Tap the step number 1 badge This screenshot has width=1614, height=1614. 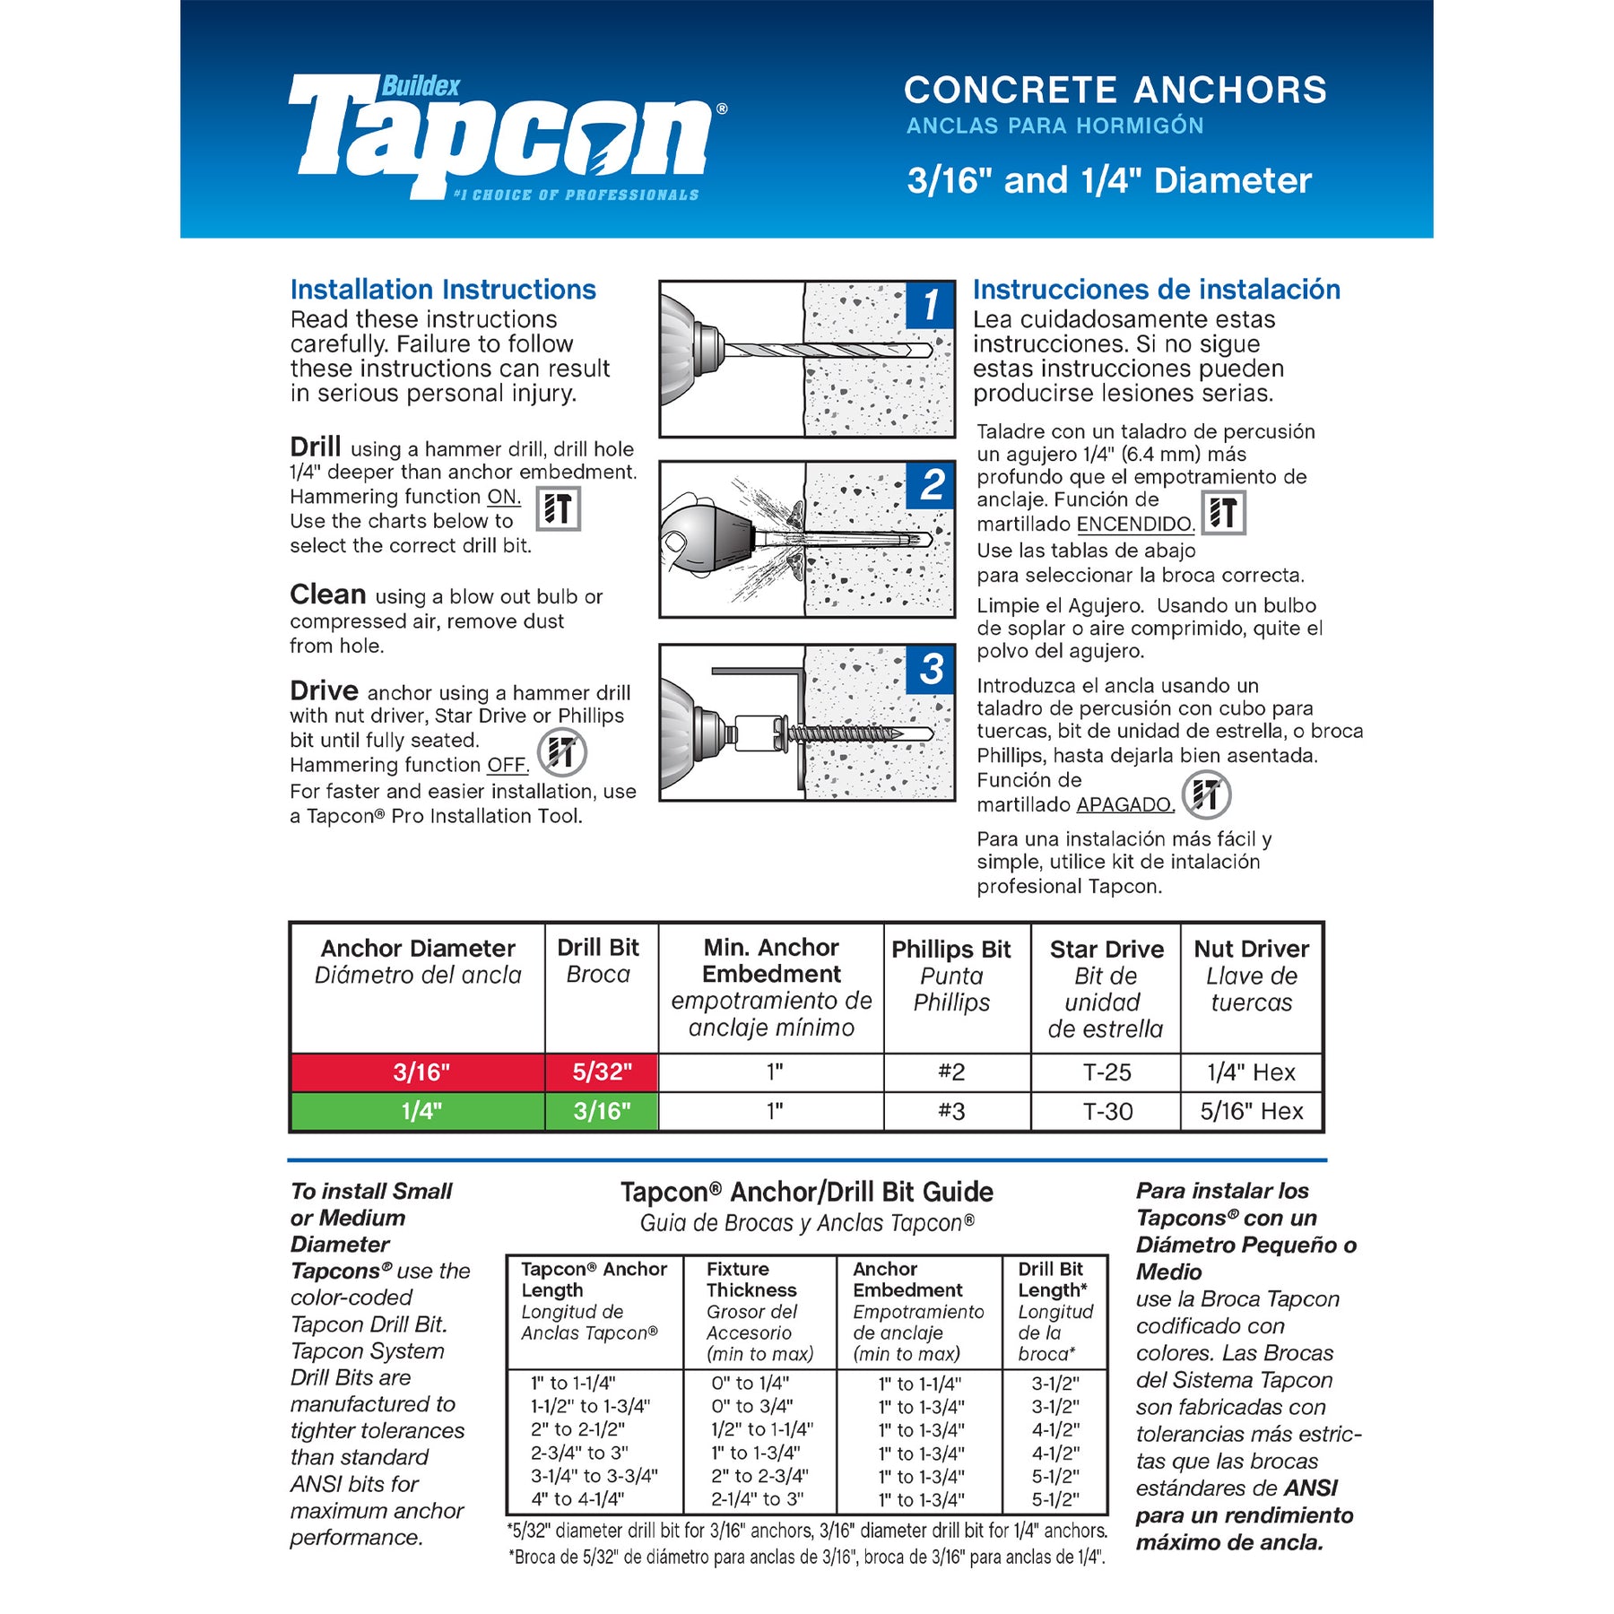930,305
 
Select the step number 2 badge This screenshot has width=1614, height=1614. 932,485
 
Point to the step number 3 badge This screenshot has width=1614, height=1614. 932,669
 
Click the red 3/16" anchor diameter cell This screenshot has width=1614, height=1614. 420,1072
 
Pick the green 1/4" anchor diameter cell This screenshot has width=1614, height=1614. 420,1112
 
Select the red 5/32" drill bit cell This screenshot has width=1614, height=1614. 602,1072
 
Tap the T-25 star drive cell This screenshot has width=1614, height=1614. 1106,1072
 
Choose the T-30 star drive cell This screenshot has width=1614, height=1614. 1106,1112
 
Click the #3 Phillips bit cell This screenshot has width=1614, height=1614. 951,1112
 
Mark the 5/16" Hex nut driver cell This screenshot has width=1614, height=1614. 1252,1112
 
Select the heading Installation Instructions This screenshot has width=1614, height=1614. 443,290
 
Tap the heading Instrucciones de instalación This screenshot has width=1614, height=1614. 1157,290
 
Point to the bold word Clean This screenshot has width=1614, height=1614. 327,594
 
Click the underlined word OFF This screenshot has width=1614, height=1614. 508,765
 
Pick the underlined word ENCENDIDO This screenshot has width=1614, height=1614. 1135,525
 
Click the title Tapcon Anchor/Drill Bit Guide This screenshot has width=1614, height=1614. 807,1192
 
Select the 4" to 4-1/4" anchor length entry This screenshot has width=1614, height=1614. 578,1499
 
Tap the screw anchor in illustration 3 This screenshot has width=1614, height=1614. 852,733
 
